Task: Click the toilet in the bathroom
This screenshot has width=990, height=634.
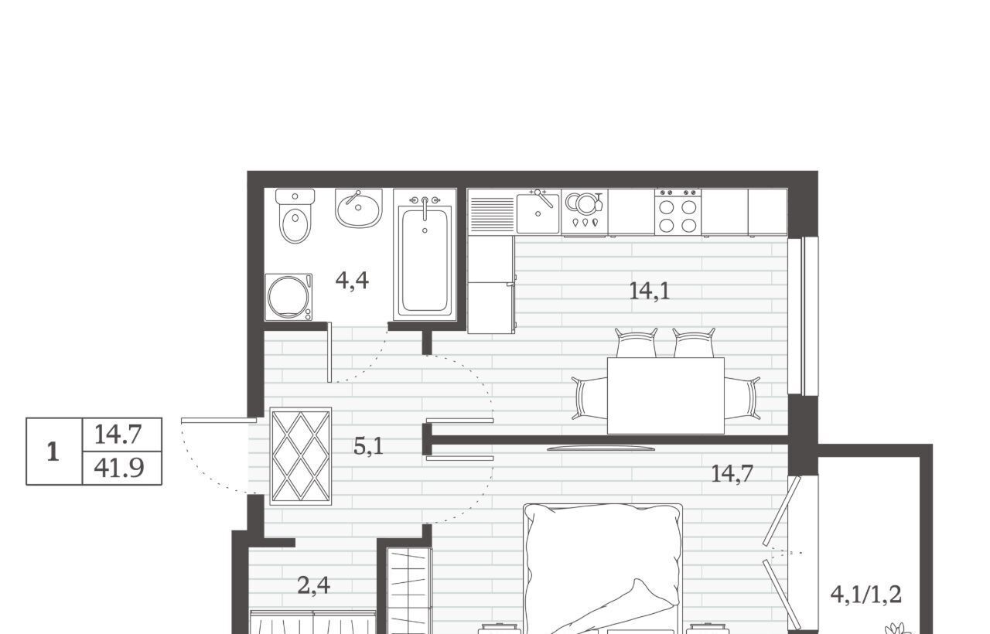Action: [x=295, y=216]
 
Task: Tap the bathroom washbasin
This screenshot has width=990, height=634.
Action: [x=358, y=208]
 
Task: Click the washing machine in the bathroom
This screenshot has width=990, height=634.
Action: [x=288, y=297]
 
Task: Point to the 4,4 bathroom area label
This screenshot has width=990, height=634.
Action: [x=352, y=281]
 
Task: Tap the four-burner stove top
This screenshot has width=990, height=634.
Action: [x=678, y=212]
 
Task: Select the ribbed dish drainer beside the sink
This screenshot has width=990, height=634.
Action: [x=492, y=215]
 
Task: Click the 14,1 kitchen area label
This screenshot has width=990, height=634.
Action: [x=649, y=291]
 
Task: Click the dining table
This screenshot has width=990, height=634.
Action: [x=666, y=396]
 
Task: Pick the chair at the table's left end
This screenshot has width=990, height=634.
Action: [x=589, y=398]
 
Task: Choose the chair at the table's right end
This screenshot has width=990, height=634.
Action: [x=742, y=398]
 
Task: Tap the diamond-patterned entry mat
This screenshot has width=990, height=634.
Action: [x=301, y=456]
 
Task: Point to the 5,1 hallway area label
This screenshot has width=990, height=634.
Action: [x=368, y=447]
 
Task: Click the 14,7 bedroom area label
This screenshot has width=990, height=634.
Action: [x=732, y=474]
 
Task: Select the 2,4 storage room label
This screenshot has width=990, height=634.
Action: [x=313, y=586]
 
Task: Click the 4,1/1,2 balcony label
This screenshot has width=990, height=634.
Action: [x=865, y=595]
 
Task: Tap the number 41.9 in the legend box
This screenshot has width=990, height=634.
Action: [x=119, y=469]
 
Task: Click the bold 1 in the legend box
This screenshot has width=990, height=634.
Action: [x=53, y=452]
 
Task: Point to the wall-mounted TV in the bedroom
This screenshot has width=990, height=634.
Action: [x=601, y=448]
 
